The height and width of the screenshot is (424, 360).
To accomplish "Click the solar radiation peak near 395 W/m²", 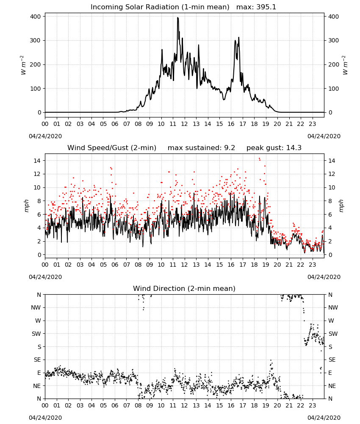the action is tap(178, 18).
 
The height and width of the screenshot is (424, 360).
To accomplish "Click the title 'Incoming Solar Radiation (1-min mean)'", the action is tap(160, 7).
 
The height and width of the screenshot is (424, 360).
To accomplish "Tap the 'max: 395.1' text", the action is tap(256, 7).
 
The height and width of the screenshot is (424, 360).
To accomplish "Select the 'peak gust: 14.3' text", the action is tap(274, 148).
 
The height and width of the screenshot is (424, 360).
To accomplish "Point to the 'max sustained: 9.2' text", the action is tap(201, 148).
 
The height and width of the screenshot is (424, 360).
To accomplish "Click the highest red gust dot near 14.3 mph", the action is tap(259, 159).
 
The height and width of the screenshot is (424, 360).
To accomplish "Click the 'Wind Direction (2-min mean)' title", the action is tap(184, 288).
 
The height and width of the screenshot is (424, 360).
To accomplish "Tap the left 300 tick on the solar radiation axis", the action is tap(36, 40).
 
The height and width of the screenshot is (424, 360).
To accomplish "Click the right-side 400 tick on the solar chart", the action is tap(334, 17).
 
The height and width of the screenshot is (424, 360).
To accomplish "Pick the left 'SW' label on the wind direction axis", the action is tap(36, 334).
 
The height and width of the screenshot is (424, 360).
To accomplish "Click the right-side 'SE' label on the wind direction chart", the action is tap(332, 360).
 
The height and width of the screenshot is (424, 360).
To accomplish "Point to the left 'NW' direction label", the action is tap(36, 307).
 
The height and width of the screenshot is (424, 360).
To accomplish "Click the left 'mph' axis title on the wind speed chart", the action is tap(26, 206).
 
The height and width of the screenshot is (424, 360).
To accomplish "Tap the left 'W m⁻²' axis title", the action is tap(23, 65).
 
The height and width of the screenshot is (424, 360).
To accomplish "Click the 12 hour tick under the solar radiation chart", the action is tap(184, 124).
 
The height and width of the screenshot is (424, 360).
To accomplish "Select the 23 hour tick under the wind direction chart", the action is tap(312, 405).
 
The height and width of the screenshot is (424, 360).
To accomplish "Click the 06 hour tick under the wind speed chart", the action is tap(115, 265).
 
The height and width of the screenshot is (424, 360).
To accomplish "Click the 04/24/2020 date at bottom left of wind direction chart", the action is tap(45, 418).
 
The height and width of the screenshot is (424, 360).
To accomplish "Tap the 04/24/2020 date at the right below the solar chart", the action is tap(324, 136).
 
